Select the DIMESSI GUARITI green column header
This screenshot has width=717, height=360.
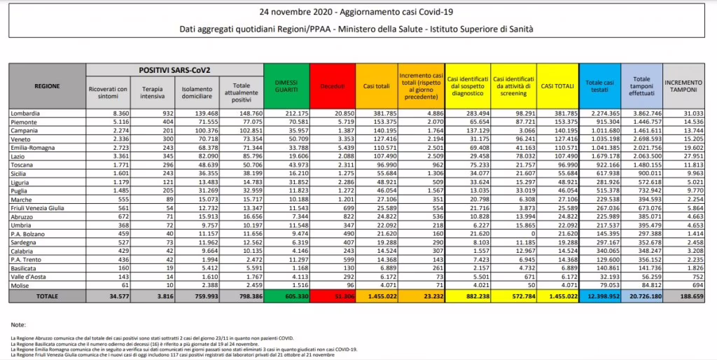click(284, 85)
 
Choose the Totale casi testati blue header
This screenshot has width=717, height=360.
click(599, 85)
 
